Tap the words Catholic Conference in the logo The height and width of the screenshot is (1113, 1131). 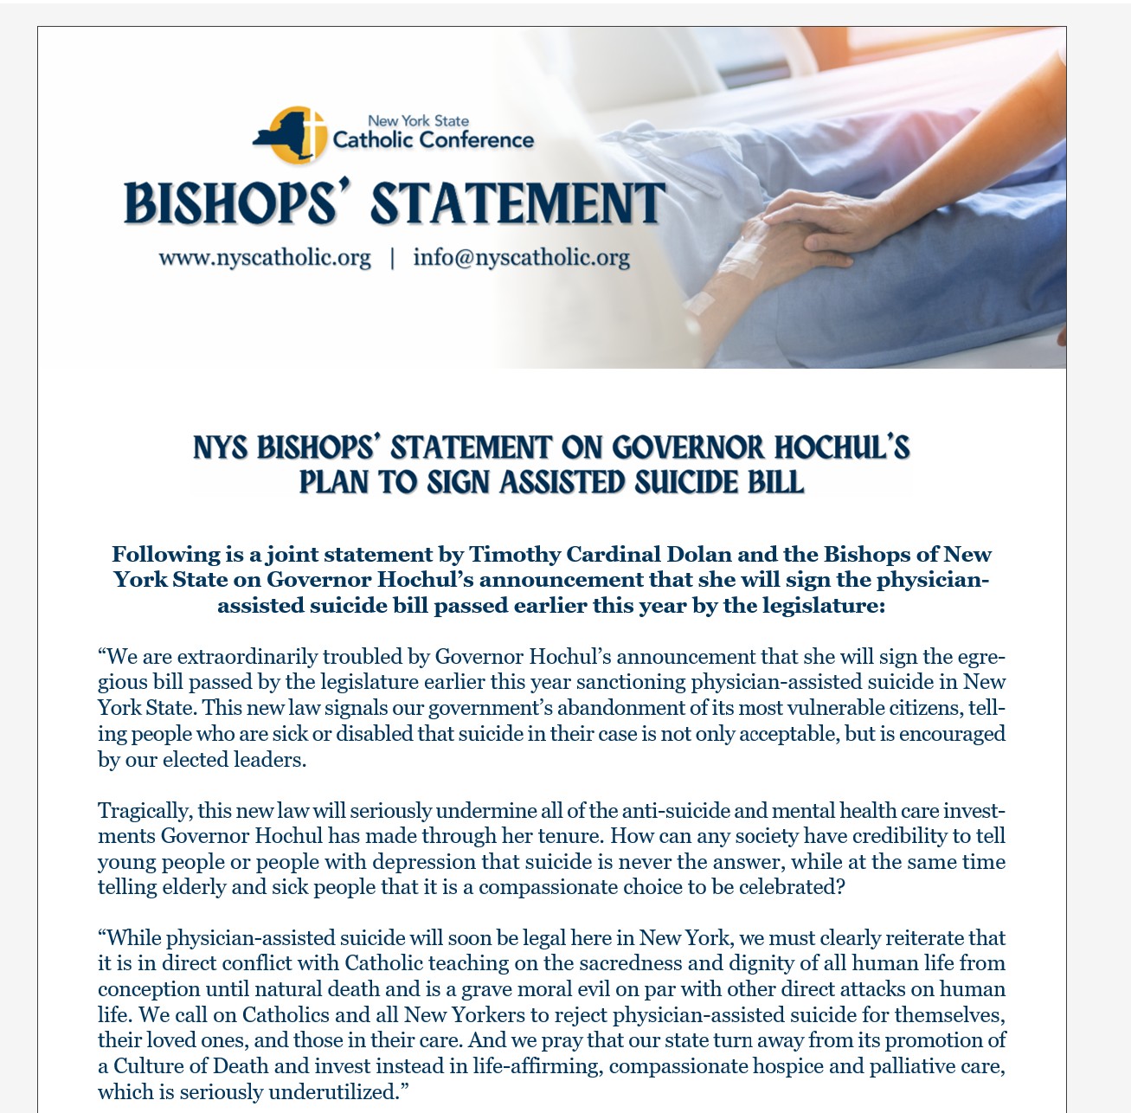click(433, 140)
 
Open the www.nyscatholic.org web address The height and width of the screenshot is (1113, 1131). click(265, 258)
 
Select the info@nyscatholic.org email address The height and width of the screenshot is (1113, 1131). click(521, 258)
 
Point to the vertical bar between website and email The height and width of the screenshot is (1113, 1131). click(392, 258)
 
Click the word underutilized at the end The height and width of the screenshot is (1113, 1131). click(334, 1091)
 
